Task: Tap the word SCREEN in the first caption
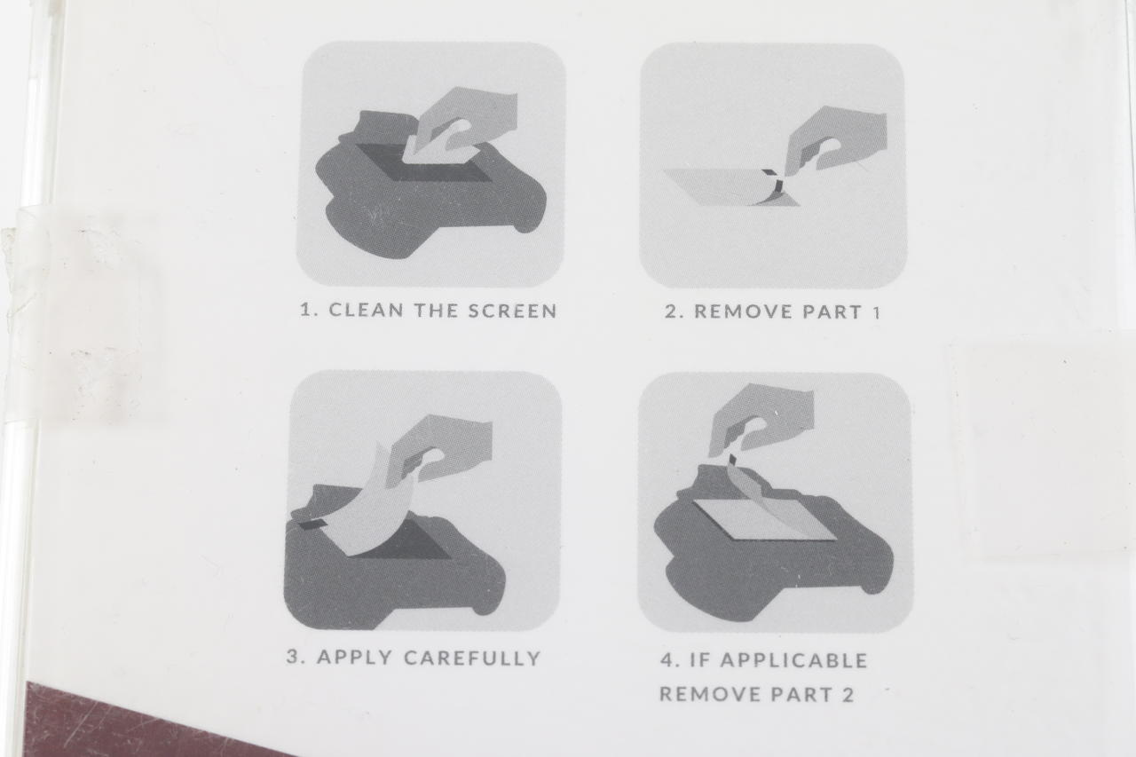click(512, 311)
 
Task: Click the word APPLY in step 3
click(354, 657)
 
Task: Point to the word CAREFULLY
click(473, 658)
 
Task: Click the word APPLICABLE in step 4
click(793, 660)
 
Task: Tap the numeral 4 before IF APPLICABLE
click(667, 660)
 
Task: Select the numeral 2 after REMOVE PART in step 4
click(848, 694)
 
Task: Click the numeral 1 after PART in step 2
click(875, 311)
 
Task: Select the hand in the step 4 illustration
click(761, 418)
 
